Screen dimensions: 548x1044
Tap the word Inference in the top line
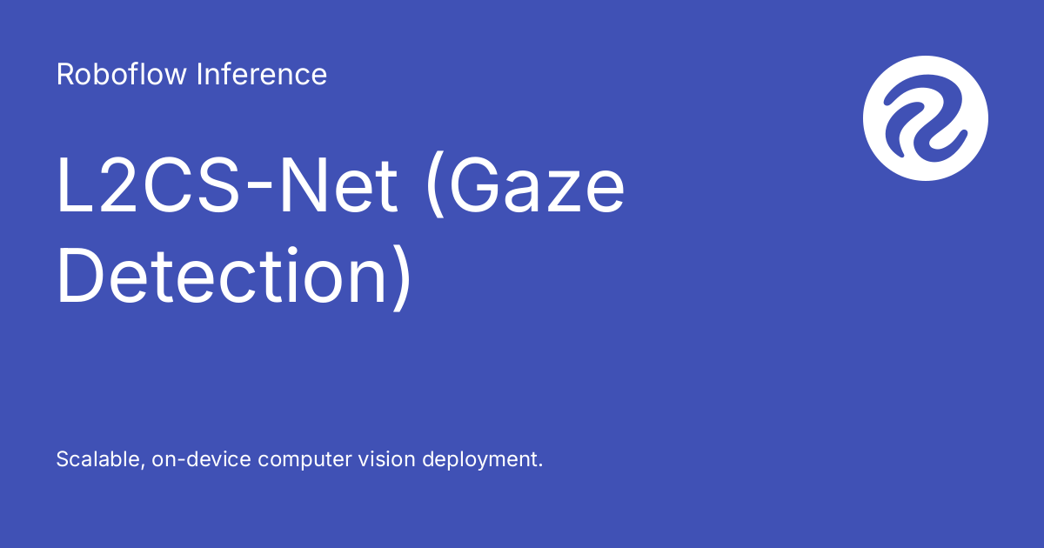[x=262, y=75]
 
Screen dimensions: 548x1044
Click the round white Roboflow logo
[x=926, y=117]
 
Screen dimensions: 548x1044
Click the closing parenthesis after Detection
[x=399, y=278]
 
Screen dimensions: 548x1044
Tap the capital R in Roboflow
[x=64, y=75]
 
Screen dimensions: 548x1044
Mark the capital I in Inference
[x=199, y=75]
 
